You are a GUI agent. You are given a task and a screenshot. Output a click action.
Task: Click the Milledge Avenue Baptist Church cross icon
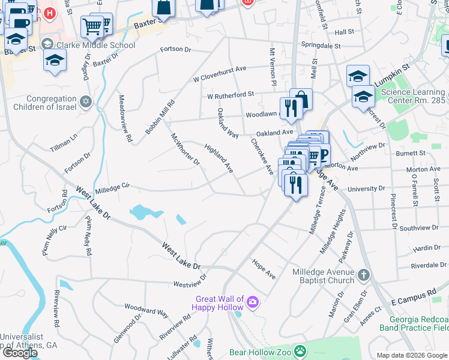pos(363,275)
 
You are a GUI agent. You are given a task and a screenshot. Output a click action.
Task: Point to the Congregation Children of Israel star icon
pos(86,102)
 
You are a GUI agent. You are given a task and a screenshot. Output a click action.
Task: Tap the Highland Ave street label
pos(218,158)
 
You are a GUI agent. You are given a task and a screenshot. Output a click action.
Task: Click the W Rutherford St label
pos(231,95)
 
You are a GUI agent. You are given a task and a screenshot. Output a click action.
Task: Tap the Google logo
pos(19,352)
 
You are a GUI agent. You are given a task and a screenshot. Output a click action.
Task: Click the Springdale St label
pos(321,46)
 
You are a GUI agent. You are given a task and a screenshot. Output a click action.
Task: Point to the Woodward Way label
pos(145,310)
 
